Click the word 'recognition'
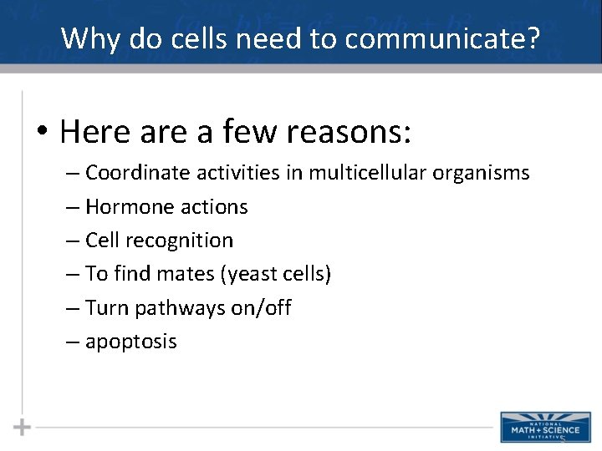[180, 241]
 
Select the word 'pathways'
[179, 308]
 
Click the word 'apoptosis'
[131, 342]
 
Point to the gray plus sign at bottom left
[22, 427]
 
